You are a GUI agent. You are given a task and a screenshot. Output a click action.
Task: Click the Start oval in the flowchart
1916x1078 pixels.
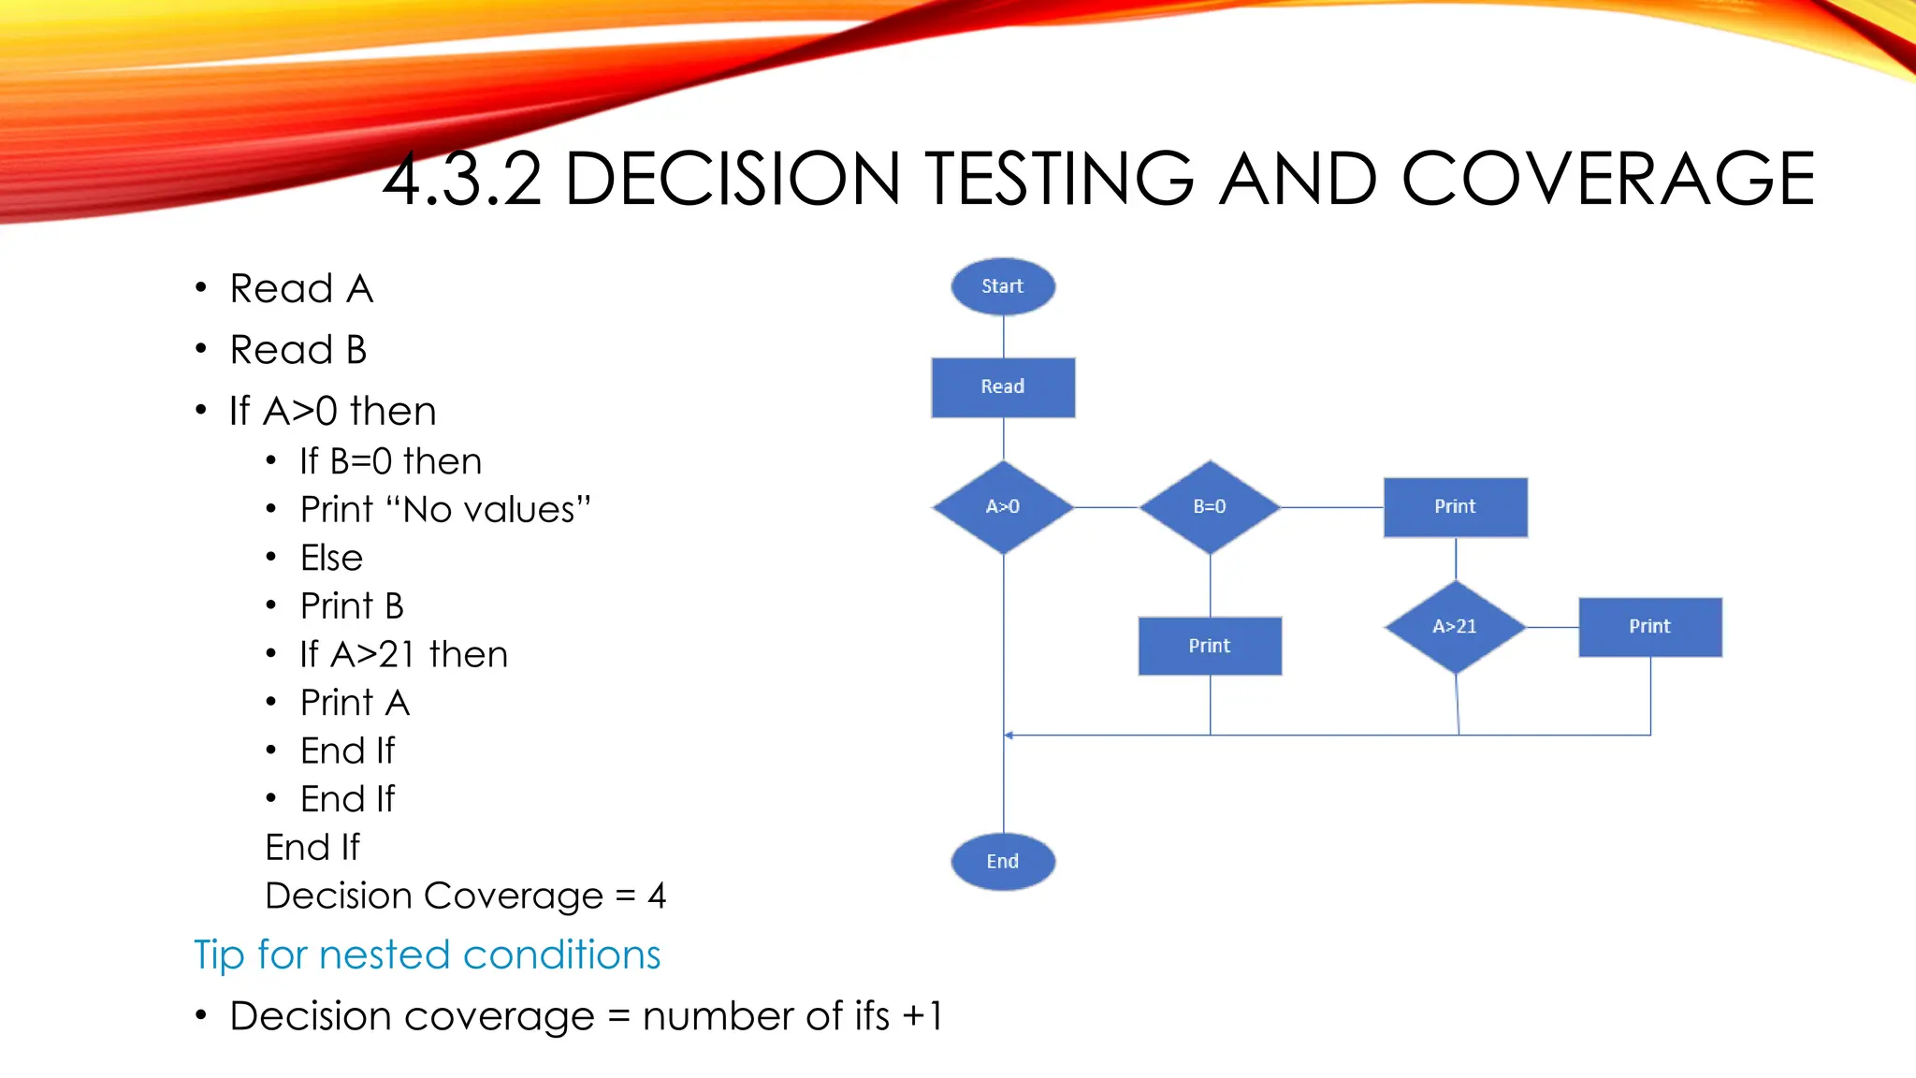point(1003,286)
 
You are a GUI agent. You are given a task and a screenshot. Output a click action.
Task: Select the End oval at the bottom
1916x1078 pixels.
point(1003,861)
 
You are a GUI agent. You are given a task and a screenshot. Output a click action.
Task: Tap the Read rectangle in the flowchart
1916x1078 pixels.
point(1003,386)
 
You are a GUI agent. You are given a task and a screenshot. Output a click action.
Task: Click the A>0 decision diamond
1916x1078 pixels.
point(1003,506)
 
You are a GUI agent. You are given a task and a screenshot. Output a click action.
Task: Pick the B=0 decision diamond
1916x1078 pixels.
point(1210,506)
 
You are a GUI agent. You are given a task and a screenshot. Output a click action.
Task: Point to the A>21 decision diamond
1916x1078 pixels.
point(1455,626)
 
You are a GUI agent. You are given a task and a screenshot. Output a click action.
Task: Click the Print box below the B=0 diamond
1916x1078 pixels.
point(1210,646)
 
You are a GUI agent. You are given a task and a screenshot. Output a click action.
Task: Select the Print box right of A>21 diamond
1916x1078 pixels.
point(1649,626)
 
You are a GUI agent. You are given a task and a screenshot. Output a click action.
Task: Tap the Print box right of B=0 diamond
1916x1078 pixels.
point(1455,506)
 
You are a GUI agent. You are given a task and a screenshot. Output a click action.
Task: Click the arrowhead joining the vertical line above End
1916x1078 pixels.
point(1009,736)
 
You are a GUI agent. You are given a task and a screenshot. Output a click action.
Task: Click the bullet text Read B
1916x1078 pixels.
point(298,350)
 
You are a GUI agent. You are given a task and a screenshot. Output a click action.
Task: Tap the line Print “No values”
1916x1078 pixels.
point(445,510)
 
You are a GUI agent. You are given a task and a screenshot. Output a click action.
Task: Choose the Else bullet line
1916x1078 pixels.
point(331,558)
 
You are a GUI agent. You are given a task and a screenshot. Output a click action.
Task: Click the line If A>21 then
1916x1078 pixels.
point(403,654)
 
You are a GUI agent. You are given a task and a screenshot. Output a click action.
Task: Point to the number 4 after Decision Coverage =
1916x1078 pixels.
point(657,896)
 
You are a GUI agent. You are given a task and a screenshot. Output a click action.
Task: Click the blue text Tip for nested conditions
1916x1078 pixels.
point(427,954)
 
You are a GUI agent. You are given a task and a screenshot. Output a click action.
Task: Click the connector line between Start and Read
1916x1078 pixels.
point(1003,336)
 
